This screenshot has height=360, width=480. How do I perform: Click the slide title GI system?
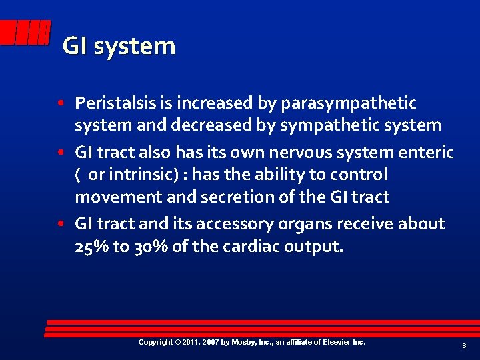point(119,47)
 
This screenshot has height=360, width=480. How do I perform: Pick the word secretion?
point(221,197)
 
